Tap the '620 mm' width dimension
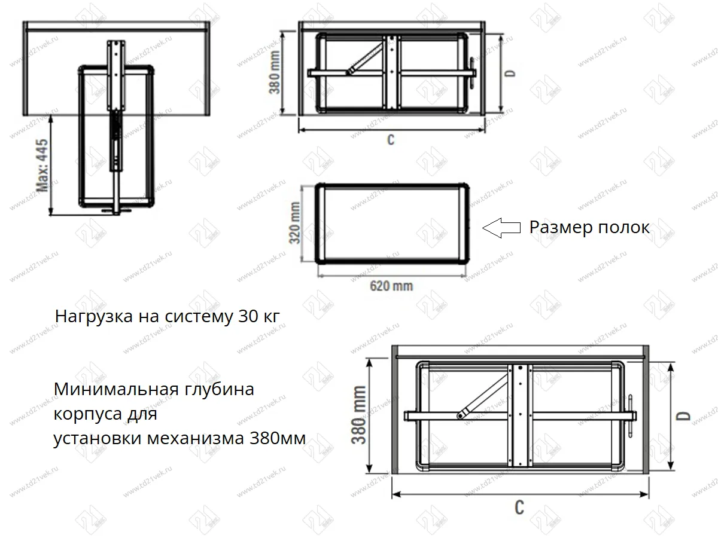[391, 286]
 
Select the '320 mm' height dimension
[294, 222]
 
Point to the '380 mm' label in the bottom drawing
[359, 415]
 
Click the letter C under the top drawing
[391, 140]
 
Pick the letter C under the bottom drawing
[519, 508]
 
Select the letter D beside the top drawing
[510, 72]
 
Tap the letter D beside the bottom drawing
[686, 415]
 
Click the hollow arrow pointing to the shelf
[500, 228]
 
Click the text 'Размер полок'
[589, 228]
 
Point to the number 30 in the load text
[247, 316]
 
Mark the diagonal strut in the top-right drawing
[365, 56]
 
